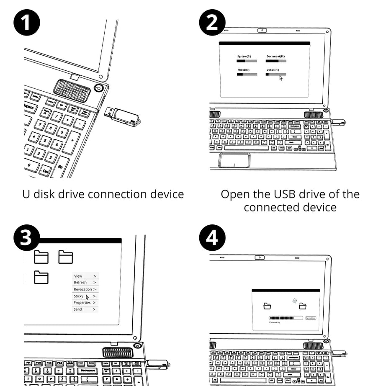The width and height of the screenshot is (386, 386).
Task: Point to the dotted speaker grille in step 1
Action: [72, 90]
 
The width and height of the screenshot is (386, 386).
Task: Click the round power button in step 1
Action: [99, 88]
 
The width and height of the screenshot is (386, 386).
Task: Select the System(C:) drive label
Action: [244, 57]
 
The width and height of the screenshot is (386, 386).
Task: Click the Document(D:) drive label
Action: [275, 57]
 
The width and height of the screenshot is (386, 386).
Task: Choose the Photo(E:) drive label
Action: [244, 69]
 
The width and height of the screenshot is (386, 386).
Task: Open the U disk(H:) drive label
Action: [273, 69]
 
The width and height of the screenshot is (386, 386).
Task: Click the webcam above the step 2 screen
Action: [262, 31]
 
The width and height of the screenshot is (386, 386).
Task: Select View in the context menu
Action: [78, 276]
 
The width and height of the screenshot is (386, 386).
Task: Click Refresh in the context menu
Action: [80, 283]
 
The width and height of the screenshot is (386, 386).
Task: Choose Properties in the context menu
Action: [82, 303]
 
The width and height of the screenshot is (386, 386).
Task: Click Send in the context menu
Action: [78, 309]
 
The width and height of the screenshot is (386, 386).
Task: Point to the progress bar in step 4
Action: [286, 318]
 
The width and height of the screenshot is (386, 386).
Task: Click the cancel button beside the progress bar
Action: [311, 318]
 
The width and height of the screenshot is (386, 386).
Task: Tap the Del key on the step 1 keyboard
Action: [44, 170]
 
